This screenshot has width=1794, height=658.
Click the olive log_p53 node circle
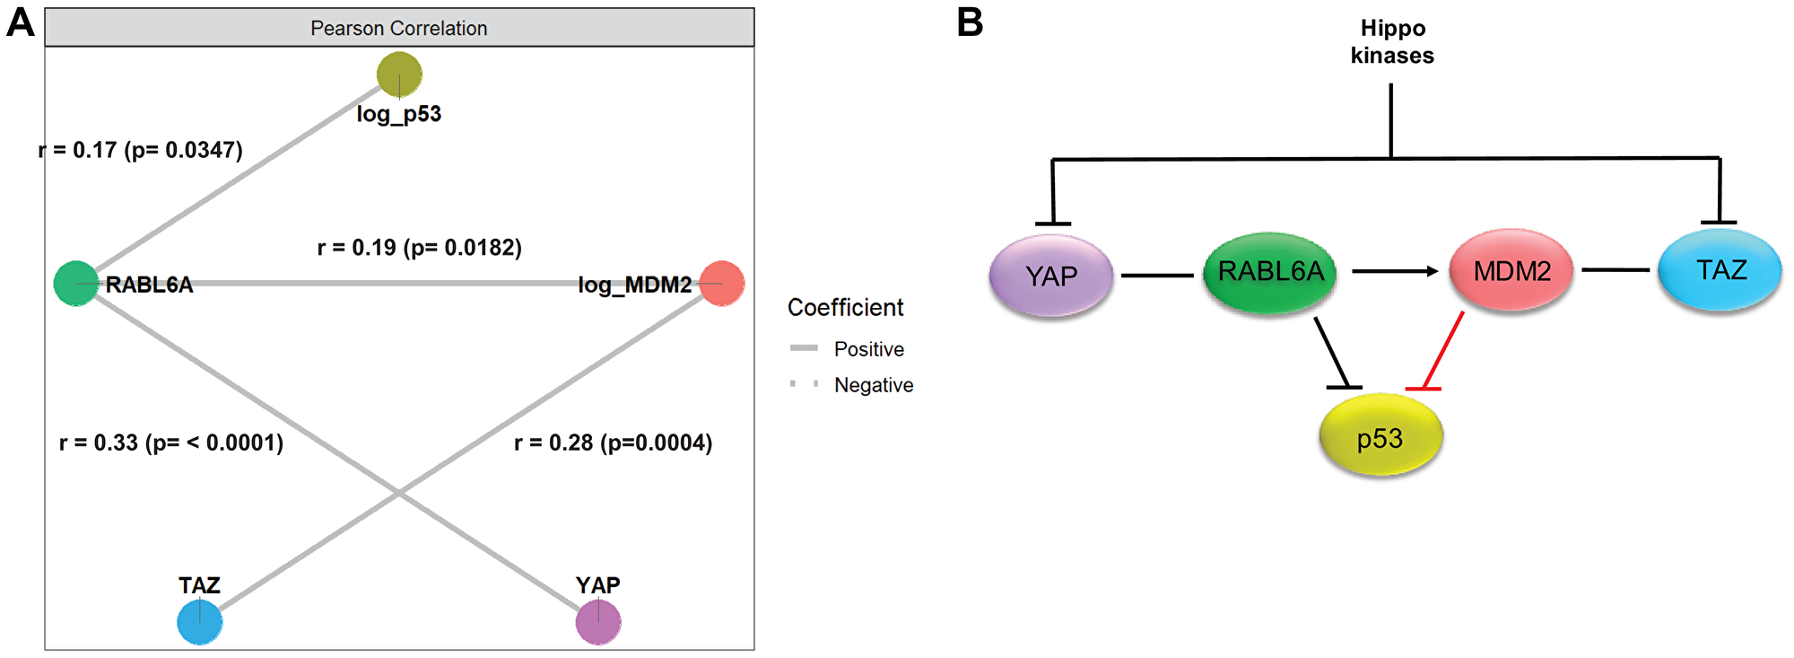(x=399, y=75)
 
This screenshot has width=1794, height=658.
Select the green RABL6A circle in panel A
(x=76, y=284)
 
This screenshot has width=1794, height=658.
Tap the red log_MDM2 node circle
(x=722, y=284)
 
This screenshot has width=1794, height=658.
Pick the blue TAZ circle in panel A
(x=199, y=622)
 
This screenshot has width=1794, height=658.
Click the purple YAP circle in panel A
(x=598, y=622)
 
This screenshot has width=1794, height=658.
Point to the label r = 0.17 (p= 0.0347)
(x=141, y=150)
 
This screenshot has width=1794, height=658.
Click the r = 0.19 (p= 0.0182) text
(x=419, y=248)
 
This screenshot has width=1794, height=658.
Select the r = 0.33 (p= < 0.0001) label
(x=171, y=443)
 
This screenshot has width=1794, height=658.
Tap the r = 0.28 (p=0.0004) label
(x=613, y=443)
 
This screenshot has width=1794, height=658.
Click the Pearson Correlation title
(x=399, y=29)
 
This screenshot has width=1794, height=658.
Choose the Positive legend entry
(x=868, y=349)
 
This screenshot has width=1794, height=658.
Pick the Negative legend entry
(x=873, y=385)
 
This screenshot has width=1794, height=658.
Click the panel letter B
(x=970, y=22)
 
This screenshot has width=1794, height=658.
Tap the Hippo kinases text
(x=1392, y=42)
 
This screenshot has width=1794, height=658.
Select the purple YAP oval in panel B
(x=1051, y=276)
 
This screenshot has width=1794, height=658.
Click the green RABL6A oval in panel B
(x=1270, y=272)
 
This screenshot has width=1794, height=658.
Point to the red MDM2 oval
(x=1511, y=271)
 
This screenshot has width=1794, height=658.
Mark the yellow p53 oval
(x=1380, y=437)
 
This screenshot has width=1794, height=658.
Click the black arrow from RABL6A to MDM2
(x=1394, y=270)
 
